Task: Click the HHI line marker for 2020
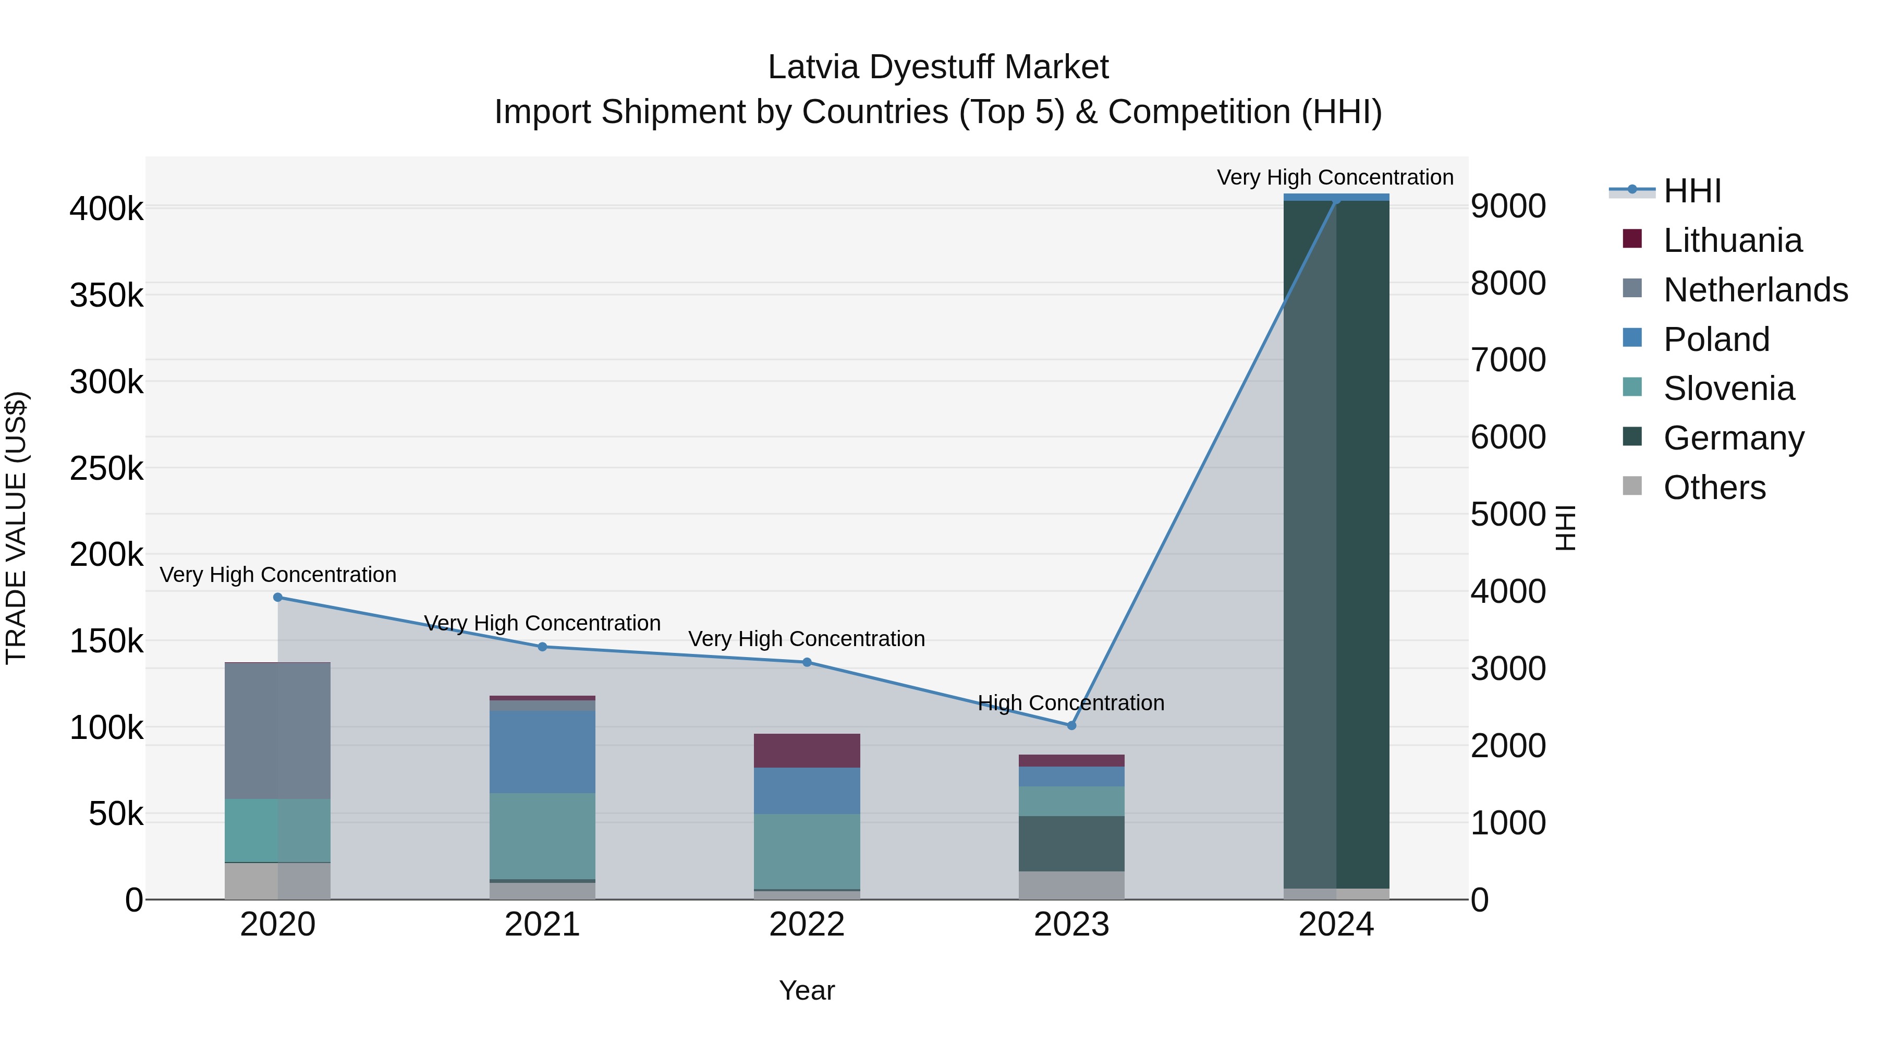277,598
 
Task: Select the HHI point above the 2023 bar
1071,726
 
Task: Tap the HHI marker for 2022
807,662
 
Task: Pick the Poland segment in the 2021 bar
542,751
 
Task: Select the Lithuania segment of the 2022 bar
807,750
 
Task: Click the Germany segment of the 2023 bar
1071,843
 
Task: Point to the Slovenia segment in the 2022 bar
807,851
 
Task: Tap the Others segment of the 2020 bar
277,881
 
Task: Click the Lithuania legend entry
1732,240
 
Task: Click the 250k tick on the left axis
106,469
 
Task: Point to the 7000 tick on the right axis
1507,360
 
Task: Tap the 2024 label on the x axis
1336,925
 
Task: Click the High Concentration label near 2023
1071,703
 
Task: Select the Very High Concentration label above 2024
1335,177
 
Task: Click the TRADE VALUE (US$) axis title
16,528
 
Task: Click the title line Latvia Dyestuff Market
938,67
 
